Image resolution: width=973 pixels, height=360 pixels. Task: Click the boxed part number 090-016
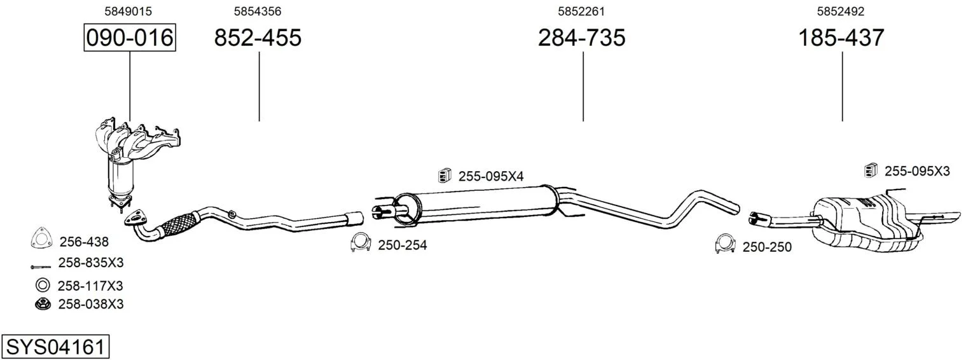pyautogui.click(x=130, y=38)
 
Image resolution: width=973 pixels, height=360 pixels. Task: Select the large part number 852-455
pyautogui.click(x=258, y=38)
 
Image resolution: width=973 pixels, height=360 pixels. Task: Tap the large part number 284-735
pyautogui.click(x=582, y=38)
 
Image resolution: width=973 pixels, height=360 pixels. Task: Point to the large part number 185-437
pyautogui.click(x=841, y=38)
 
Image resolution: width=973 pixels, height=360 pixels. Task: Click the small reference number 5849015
pyautogui.click(x=128, y=11)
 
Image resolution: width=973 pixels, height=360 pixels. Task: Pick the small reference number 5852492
pyautogui.click(x=841, y=11)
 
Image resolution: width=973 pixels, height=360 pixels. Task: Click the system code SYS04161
pyautogui.click(x=55, y=347)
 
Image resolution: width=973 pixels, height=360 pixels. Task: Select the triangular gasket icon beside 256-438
pyautogui.click(x=42, y=238)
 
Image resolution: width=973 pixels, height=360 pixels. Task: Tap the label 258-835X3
pyautogui.click(x=91, y=263)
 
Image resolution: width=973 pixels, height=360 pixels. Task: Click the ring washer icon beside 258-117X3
pyautogui.click(x=43, y=286)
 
